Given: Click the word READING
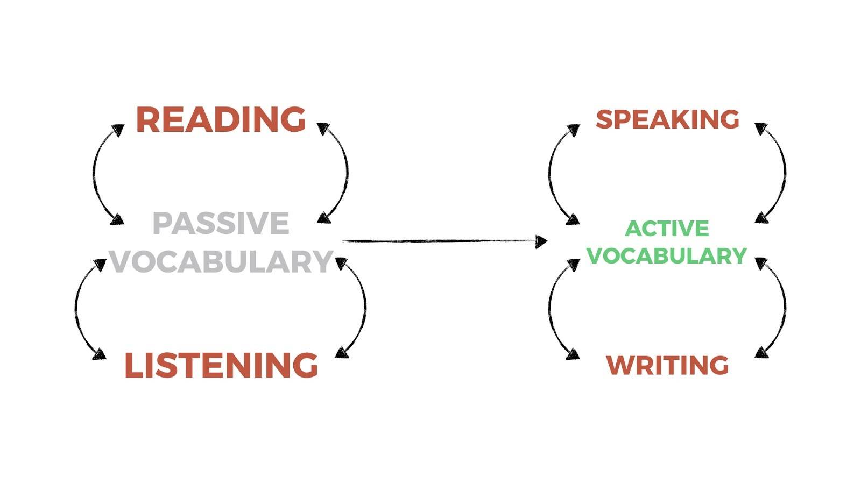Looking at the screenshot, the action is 221,119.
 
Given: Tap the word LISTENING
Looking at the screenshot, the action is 221,365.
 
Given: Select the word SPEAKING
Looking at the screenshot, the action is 668,119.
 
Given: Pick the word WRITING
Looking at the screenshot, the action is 668,365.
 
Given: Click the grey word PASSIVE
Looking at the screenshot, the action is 221,223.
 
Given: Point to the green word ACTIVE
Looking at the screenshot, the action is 667,229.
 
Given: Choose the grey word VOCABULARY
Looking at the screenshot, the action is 221,261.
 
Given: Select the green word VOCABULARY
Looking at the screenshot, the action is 667,256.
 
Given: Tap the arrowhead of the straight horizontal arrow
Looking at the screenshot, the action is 541,241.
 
